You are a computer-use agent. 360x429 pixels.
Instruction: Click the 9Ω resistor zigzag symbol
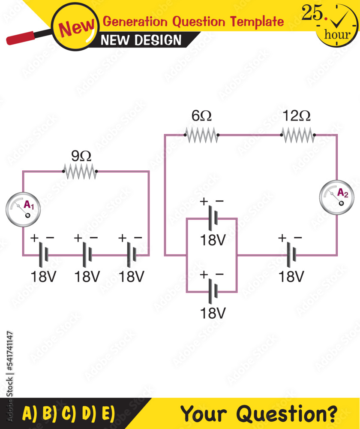(x=80, y=172)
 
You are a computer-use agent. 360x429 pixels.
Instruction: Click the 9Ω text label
(x=81, y=155)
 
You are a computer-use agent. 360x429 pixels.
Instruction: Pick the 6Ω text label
(x=201, y=116)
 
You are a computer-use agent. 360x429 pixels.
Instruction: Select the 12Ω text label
(x=297, y=116)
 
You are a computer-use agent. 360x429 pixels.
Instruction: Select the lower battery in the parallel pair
(x=213, y=292)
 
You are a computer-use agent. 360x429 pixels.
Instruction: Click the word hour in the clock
(x=337, y=34)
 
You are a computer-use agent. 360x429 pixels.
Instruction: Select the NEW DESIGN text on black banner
(x=141, y=40)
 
